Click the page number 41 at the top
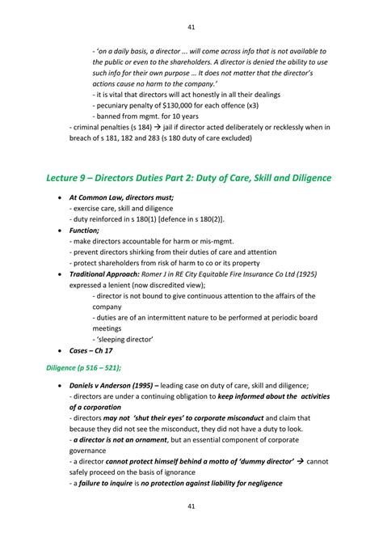[x=191, y=27]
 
